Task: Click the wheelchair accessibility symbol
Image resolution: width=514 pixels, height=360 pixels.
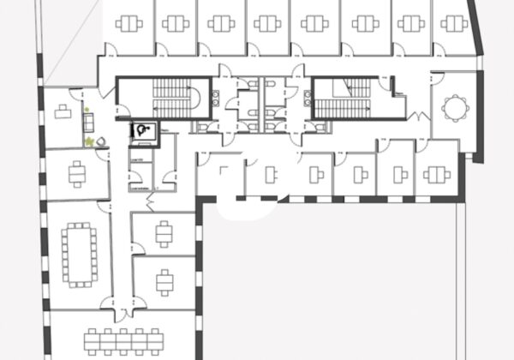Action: click(140, 130)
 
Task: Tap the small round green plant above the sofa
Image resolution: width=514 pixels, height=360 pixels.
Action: click(86, 108)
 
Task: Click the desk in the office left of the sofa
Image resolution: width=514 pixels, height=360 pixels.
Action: click(63, 111)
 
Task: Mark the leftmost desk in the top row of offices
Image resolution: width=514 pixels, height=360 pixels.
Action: click(131, 24)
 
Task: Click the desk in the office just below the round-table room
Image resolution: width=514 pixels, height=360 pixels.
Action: click(438, 171)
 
